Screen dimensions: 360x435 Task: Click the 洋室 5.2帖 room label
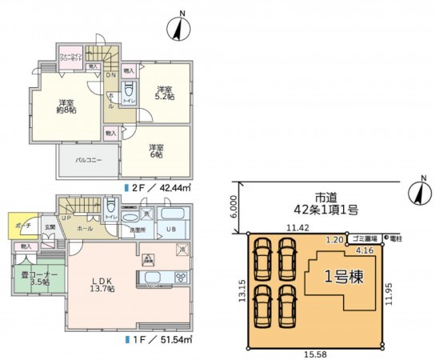coord(166,92)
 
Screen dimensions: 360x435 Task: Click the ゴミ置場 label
coord(364,238)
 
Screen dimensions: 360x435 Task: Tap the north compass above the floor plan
coord(180,29)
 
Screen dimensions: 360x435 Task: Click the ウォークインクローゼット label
coord(71,58)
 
